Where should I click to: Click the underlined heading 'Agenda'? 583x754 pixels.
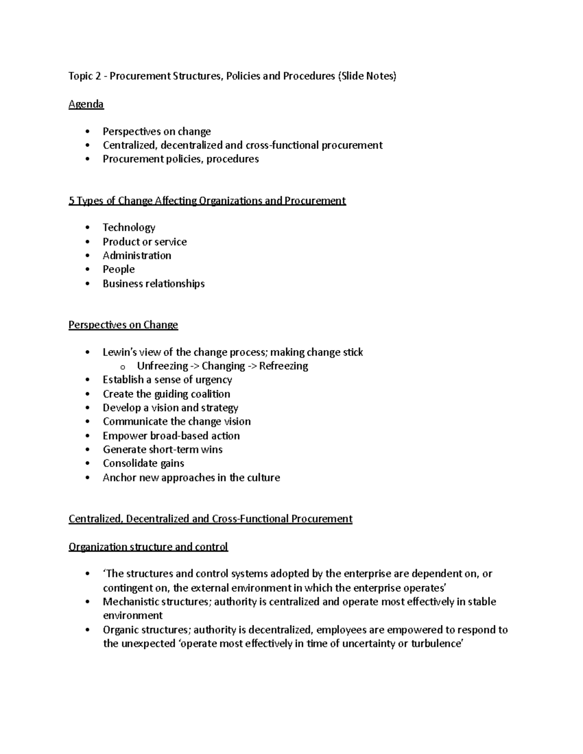tap(86, 104)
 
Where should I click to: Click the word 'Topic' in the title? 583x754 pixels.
tap(80, 76)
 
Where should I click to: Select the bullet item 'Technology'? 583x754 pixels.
tap(129, 227)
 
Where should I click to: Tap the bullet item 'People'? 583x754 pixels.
tap(119, 269)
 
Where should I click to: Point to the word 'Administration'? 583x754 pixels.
tap(137, 255)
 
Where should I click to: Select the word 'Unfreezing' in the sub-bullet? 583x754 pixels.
tap(162, 366)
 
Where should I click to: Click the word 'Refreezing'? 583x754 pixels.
tap(283, 366)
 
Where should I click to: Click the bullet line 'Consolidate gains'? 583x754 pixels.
tap(143, 463)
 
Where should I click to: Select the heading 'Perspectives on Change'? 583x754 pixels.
tap(123, 325)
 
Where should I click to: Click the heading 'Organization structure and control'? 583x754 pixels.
tap(148, 547)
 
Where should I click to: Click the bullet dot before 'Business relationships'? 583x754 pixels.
tap(87, 284)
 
